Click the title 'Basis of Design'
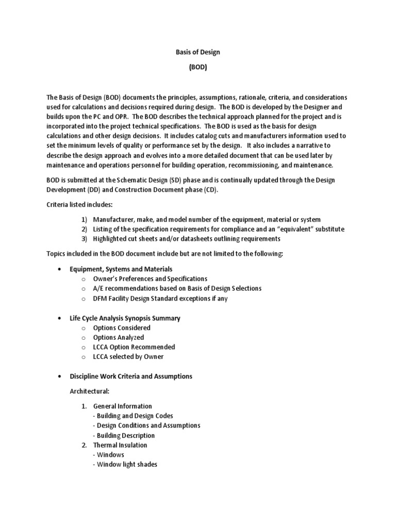pyautogui.click(x=199, y=52)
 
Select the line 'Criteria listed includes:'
pyautogui.click(x=79, y=205)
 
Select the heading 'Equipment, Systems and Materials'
pyautogui.click(x=121, y=269)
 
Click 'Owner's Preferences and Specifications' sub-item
pyautogui.click(x=150, y=279)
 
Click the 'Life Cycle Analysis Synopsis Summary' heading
pyautogui.click(x=125, y=318)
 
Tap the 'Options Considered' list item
pyautogui.click(x=122, y=327)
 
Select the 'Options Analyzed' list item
pyautogui.click(x=119, y=337)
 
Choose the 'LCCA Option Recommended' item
pyautogui.click(x=134, y=347)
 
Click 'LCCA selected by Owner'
pyautogui.click(x=128, y=356)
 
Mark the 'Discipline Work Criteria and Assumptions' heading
pyautogui.click(x=130, y=376)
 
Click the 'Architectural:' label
pyautogui.click(x=89, y=391)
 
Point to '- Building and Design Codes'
pyautogui.click(x=133, y=416)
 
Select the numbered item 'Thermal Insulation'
pyautogui.click(x=120, y=445)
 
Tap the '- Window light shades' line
pyautogui.click(x=125, y=464)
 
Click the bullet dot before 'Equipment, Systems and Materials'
pyautogui.click(x=60, y=269)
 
